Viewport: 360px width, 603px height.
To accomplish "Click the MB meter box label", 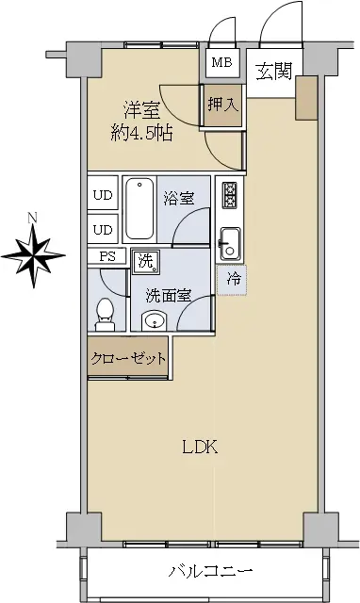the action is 222,62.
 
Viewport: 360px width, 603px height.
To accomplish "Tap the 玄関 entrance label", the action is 274,72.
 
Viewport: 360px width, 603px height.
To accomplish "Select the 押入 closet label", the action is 223,105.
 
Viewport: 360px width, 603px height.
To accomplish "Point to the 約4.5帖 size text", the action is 141,134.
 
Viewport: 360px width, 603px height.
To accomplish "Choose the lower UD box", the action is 103,229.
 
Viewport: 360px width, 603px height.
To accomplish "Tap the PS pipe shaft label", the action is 107,256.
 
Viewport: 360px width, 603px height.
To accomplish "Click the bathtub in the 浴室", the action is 139,209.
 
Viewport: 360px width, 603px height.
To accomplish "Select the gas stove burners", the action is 230,196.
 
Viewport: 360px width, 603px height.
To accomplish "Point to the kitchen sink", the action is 230,244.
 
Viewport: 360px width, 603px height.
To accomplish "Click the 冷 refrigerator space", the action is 232,280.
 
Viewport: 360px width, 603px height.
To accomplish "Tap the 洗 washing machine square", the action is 146,262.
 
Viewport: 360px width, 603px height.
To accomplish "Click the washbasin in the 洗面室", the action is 154,321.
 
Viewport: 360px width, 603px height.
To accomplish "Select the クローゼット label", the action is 128,358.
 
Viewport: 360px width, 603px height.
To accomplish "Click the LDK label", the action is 200,448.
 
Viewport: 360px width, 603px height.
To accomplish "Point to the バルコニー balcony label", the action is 210,571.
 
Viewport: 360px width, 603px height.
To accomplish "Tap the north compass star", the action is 34,255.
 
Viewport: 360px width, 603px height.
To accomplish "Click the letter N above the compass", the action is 33,218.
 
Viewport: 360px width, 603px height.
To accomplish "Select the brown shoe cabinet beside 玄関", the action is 306,98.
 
